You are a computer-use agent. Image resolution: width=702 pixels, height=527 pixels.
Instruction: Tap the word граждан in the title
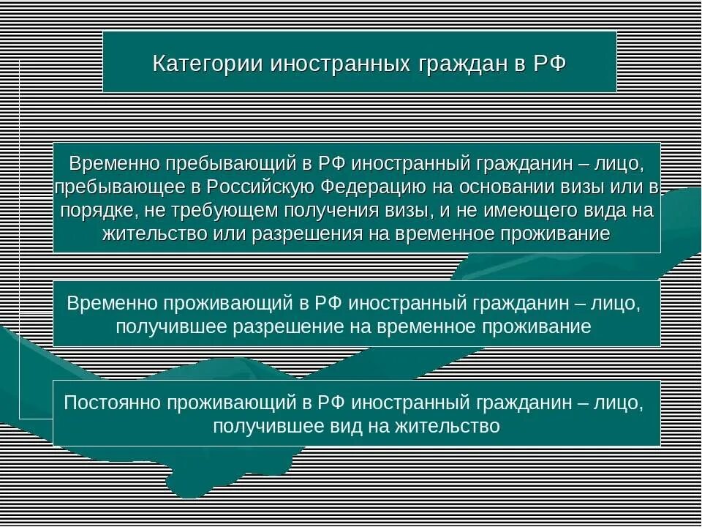[451, 62]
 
